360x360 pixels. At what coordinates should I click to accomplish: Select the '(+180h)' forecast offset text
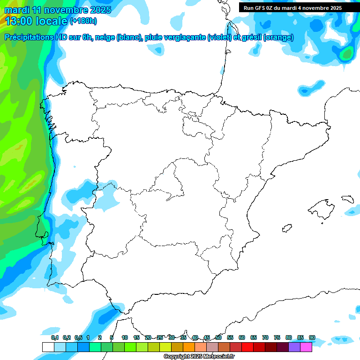pos(83,21)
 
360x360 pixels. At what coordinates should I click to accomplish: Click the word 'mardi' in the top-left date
pos(17,10)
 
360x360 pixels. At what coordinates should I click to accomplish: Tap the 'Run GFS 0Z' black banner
pos(292,8)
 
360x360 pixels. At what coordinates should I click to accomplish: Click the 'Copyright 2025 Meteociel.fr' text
pos(199,357)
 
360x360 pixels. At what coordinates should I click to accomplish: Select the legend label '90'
pos(312,337)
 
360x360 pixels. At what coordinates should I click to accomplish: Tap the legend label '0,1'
pos(55,337)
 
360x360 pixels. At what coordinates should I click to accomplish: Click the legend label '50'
pos(218,337)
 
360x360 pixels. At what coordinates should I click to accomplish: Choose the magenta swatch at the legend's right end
pos(306,347)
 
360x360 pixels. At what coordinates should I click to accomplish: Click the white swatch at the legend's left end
pos(48,347)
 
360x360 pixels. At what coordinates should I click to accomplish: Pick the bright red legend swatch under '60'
pos(247,347)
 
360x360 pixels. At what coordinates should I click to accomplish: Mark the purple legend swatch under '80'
pos(294,347)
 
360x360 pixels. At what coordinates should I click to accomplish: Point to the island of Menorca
pos(347,199)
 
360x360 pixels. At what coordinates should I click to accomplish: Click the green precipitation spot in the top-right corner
pos(347,54)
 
